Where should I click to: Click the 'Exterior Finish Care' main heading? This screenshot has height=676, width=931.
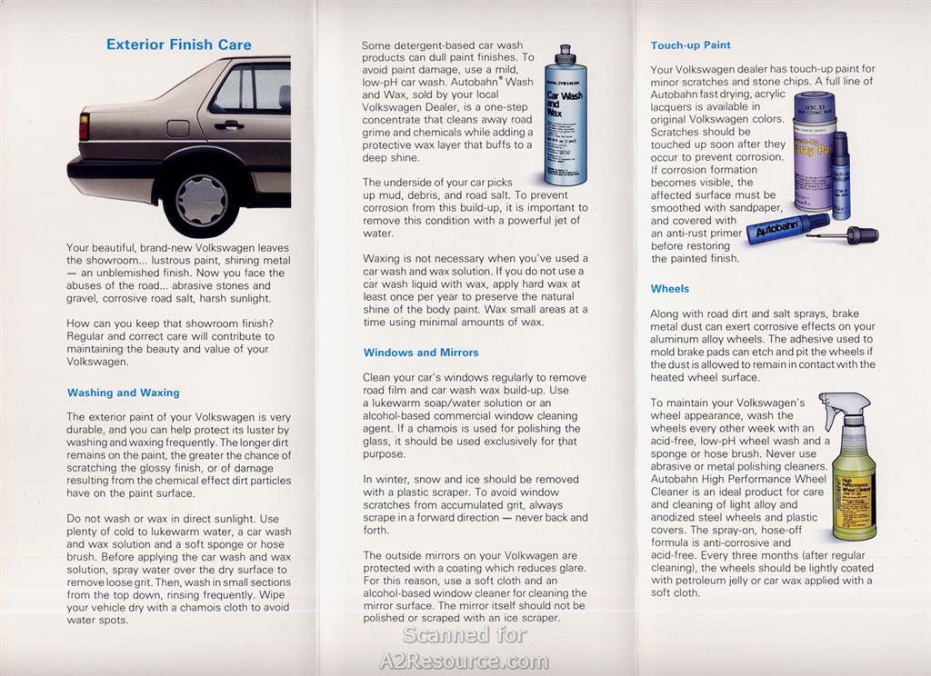tap(179, 45)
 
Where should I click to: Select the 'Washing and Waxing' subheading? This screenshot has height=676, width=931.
tap(124, 393)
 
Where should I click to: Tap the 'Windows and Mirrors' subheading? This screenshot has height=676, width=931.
tap(421, 353)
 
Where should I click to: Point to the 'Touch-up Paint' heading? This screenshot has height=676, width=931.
tap(691, 45)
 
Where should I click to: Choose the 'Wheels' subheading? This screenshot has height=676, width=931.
tap(670, 289)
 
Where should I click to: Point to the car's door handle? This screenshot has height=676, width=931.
tap(229, 124)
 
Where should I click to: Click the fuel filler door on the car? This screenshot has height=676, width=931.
tap(178, 128)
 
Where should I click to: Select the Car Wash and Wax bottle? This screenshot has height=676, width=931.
tap(566, 118)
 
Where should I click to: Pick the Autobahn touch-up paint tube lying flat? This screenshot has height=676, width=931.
tap(786, 229)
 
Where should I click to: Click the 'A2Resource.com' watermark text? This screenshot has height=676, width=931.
tap(465, 661)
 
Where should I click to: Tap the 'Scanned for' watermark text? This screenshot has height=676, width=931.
tap(465, 635)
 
